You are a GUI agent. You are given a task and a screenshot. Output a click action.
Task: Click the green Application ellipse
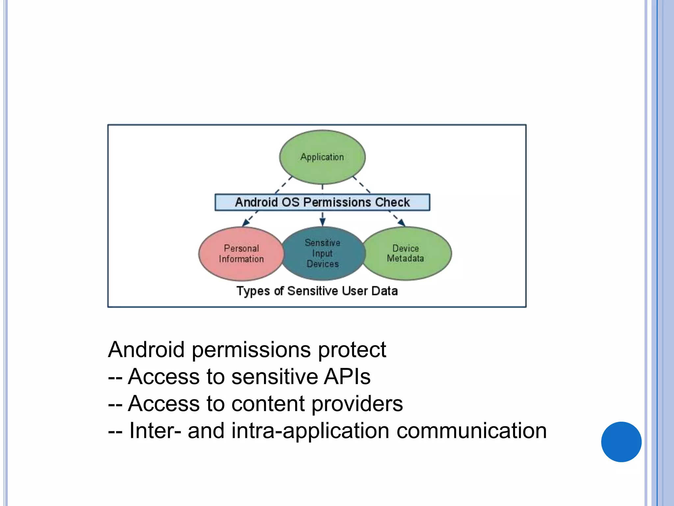click(322, 157)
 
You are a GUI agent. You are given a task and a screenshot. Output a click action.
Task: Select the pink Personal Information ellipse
click(241, 254)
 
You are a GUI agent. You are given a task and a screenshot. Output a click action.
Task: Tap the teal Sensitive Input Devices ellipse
click(323, 253)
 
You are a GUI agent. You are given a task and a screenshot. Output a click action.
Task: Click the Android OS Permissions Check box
click(322, 202)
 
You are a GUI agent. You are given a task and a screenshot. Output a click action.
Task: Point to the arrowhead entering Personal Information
click(245, 223)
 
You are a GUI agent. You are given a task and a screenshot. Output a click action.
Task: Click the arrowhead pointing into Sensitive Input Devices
click(323, 222)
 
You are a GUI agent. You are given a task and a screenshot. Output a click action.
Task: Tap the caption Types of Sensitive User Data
click(317, 291)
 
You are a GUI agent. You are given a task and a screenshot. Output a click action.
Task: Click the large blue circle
click(621, 442)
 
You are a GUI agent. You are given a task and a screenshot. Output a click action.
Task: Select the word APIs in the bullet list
click(347, 377)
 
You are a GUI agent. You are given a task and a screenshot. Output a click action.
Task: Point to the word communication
click(471, 431)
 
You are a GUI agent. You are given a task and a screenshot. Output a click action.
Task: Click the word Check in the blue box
click(392, 202)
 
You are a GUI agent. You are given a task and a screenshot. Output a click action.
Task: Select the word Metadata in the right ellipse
click(405, 259)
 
